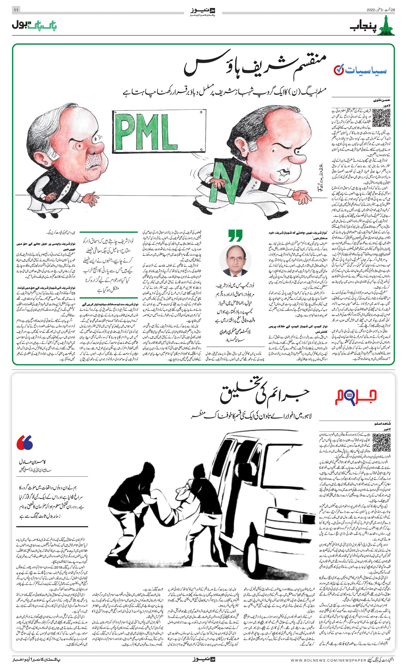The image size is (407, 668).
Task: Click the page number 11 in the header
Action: point(16,10)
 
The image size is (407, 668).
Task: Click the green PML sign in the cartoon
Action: point(159,132)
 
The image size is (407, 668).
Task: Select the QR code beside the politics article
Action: point(381,118)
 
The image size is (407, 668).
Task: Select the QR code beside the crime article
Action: point(381,442)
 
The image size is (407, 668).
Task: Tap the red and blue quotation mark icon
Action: point(25,443)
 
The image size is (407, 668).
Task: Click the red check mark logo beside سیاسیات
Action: point(339,70)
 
